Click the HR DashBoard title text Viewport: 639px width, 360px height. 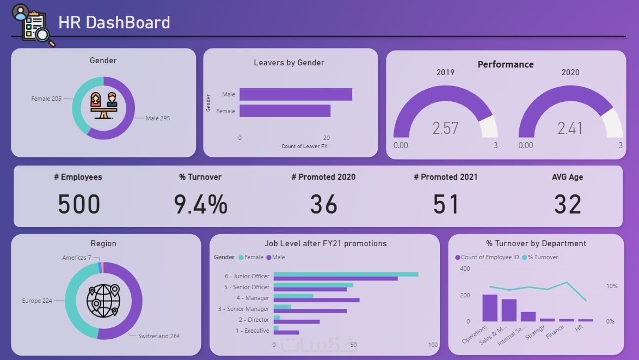pyautogui.click(x=114, y=23)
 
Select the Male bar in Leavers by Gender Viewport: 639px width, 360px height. pyautogui.click(x=296, y=94)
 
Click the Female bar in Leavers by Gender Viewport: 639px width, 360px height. pyautogui.click(x=285, y=111)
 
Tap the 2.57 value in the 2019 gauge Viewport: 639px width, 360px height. pyautogui.click(x=445, y=129)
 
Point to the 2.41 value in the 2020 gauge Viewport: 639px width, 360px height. pyautogui.click(x=570, y=129)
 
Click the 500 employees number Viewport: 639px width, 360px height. pyautogui.click(x=79, y=205)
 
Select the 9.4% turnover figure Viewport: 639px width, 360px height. pyautogui.click(x=200, y=205)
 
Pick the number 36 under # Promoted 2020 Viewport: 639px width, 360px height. pyautogui.click(x=323, y=205)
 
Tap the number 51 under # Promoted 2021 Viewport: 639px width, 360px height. pyautogui.click(x=446, y=205)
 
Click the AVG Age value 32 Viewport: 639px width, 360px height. pyautogui.click(x=568, y=205)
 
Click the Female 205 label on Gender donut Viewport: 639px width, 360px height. pyautogui.click(x=46, y=99)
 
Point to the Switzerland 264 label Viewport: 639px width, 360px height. pyautogui.click(x=159, y=336)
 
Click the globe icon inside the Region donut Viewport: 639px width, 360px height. pyautogui.click(x=103, y=301)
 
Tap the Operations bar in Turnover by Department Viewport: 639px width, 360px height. pyautogui.click(x=489, y=308)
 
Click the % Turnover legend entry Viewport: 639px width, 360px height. pyautogui.click(x=543, y=257)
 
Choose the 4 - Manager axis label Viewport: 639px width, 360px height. pyautogui.click(x=253, y=298)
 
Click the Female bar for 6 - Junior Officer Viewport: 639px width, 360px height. pyautogui.click(x=346, y=274)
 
